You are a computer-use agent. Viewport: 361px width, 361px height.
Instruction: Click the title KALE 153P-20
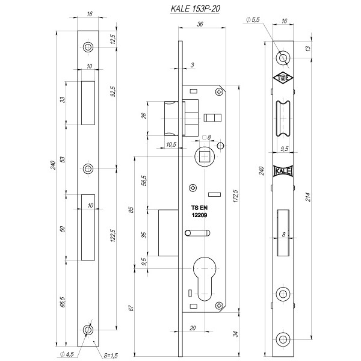[x=195, y=9]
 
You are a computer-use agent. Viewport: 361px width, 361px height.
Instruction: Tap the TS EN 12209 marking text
[x=199, y=211]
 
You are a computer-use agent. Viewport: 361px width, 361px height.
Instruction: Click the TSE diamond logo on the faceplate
[x=283, y=78]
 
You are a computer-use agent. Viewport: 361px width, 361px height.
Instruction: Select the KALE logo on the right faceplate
[x=283, y=171]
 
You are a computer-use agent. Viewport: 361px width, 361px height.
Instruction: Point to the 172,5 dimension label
[x=235, y=196]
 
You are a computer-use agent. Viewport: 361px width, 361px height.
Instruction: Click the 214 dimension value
[x=308, y=197]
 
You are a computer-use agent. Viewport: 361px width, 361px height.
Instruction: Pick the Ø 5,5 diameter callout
[x=253, y=20]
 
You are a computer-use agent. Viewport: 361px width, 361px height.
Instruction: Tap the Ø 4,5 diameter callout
[x=67, y=354]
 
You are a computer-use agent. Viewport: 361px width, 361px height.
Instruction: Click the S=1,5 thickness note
[x=111, y=356]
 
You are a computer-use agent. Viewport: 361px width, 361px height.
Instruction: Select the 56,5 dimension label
[x=144, y=180]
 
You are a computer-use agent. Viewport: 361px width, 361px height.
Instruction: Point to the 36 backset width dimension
[x=200, y=24]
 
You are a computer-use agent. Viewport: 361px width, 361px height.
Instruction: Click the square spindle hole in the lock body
[x=205, y=157]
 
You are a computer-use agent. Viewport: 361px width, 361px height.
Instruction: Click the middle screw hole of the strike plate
[x=88, y=169]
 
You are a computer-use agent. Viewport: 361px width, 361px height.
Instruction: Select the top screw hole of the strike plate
[x=88, y=48]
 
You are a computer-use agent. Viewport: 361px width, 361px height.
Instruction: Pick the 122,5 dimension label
[x=113, y=235]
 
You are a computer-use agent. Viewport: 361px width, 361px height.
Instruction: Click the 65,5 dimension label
[x=63, y=301]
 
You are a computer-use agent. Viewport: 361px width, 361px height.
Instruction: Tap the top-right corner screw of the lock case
[x=219, y=92]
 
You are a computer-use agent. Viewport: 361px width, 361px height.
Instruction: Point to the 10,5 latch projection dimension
[x=171, y=144]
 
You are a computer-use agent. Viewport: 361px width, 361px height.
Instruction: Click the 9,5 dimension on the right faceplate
[x=285, y=149]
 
